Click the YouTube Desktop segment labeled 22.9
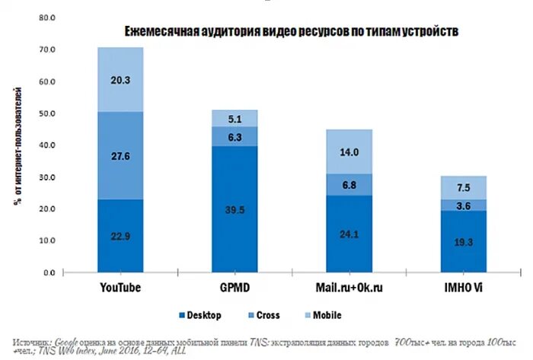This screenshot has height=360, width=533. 120,235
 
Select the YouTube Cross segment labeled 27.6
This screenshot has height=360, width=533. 120,156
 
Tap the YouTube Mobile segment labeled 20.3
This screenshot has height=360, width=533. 120,80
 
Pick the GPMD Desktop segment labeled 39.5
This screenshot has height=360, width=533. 235,209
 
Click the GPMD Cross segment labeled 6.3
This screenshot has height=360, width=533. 235,137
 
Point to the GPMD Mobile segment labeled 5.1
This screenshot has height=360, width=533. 235,118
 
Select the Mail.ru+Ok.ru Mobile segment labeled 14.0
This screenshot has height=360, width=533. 349,151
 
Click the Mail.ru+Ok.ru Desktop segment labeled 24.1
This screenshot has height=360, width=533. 349,232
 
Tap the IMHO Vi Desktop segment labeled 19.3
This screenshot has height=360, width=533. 463,240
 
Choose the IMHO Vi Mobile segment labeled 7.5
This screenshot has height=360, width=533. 463,188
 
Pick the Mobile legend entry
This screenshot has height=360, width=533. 324,315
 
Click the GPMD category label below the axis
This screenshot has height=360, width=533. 235,288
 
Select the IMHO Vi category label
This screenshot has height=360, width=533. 463,288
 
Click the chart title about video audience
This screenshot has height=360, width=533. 292,31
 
